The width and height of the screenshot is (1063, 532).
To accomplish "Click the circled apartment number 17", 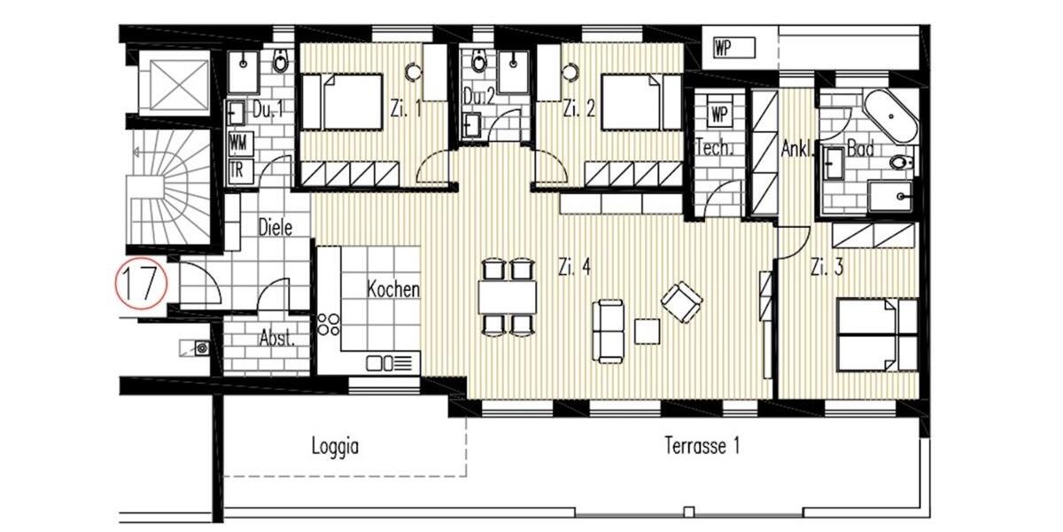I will (x=142, y=283).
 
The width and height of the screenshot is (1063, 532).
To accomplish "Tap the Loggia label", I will (x=334, y=446).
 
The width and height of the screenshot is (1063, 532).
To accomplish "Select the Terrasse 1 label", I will (x=701, y=446).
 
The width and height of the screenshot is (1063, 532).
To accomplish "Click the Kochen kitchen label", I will (x=392, y=289).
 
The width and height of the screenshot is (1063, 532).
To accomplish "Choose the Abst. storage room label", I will (x=276, y=338).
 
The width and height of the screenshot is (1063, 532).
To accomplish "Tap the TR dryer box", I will (x=238, y=170).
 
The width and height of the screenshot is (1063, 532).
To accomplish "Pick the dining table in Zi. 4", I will (x=508, y=296).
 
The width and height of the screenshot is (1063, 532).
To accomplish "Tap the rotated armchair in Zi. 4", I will (x=681, y=301).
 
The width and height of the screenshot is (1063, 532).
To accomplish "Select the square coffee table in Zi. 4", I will (x=648, y=330).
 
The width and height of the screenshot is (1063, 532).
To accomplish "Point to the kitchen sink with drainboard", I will (x=390, y=362).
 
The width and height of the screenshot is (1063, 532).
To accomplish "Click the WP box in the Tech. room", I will (x=718, y=113).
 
